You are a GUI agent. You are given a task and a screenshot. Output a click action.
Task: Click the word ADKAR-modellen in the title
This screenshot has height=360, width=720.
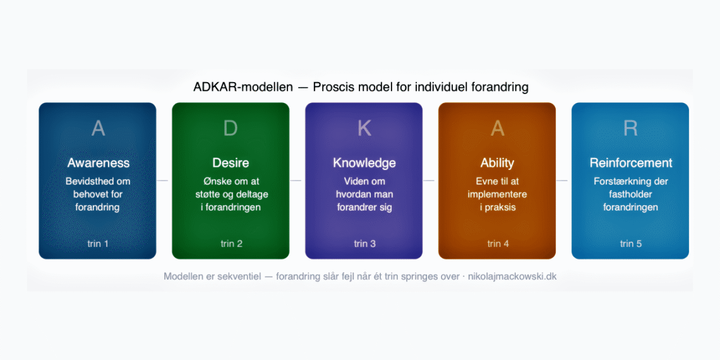[x=243, y=87]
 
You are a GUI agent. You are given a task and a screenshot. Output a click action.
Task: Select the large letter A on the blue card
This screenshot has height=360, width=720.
[x=98, y=128]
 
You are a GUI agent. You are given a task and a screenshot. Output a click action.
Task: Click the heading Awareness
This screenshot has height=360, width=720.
[x=98, y=163]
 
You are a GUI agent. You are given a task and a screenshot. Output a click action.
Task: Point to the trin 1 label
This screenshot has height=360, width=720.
[x=98, y=244]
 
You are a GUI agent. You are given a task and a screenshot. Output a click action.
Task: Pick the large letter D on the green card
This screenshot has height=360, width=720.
[x=231, y=128]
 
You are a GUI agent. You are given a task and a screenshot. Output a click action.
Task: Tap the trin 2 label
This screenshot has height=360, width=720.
[x=231, y=244]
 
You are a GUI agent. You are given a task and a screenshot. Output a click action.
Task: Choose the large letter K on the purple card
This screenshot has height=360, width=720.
[x=364, y=128]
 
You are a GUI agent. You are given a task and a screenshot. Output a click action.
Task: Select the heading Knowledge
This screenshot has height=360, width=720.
[x=364, y=163]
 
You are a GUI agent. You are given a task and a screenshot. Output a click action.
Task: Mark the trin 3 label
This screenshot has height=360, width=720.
[x=364, y=244]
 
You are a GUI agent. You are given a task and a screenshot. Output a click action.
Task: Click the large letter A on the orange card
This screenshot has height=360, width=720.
[x=498, y=128]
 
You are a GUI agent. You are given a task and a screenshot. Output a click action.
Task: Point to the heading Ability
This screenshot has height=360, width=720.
[x=498, y=163]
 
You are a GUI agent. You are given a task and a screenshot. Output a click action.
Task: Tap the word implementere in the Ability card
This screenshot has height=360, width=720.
[x=498, y=195]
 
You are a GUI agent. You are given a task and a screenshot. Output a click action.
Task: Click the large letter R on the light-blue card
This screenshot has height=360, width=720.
[x=630, y=128]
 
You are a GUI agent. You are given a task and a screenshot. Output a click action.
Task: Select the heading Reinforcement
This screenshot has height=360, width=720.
[x=630, y=163]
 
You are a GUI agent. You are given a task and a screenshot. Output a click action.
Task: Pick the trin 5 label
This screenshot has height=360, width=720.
[x=630, y=244]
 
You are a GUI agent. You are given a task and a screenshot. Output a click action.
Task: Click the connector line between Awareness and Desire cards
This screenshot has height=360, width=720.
[x=163, y=181]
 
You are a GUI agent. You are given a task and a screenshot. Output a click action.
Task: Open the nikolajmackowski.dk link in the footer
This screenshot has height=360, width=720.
[x=512, y=277]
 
